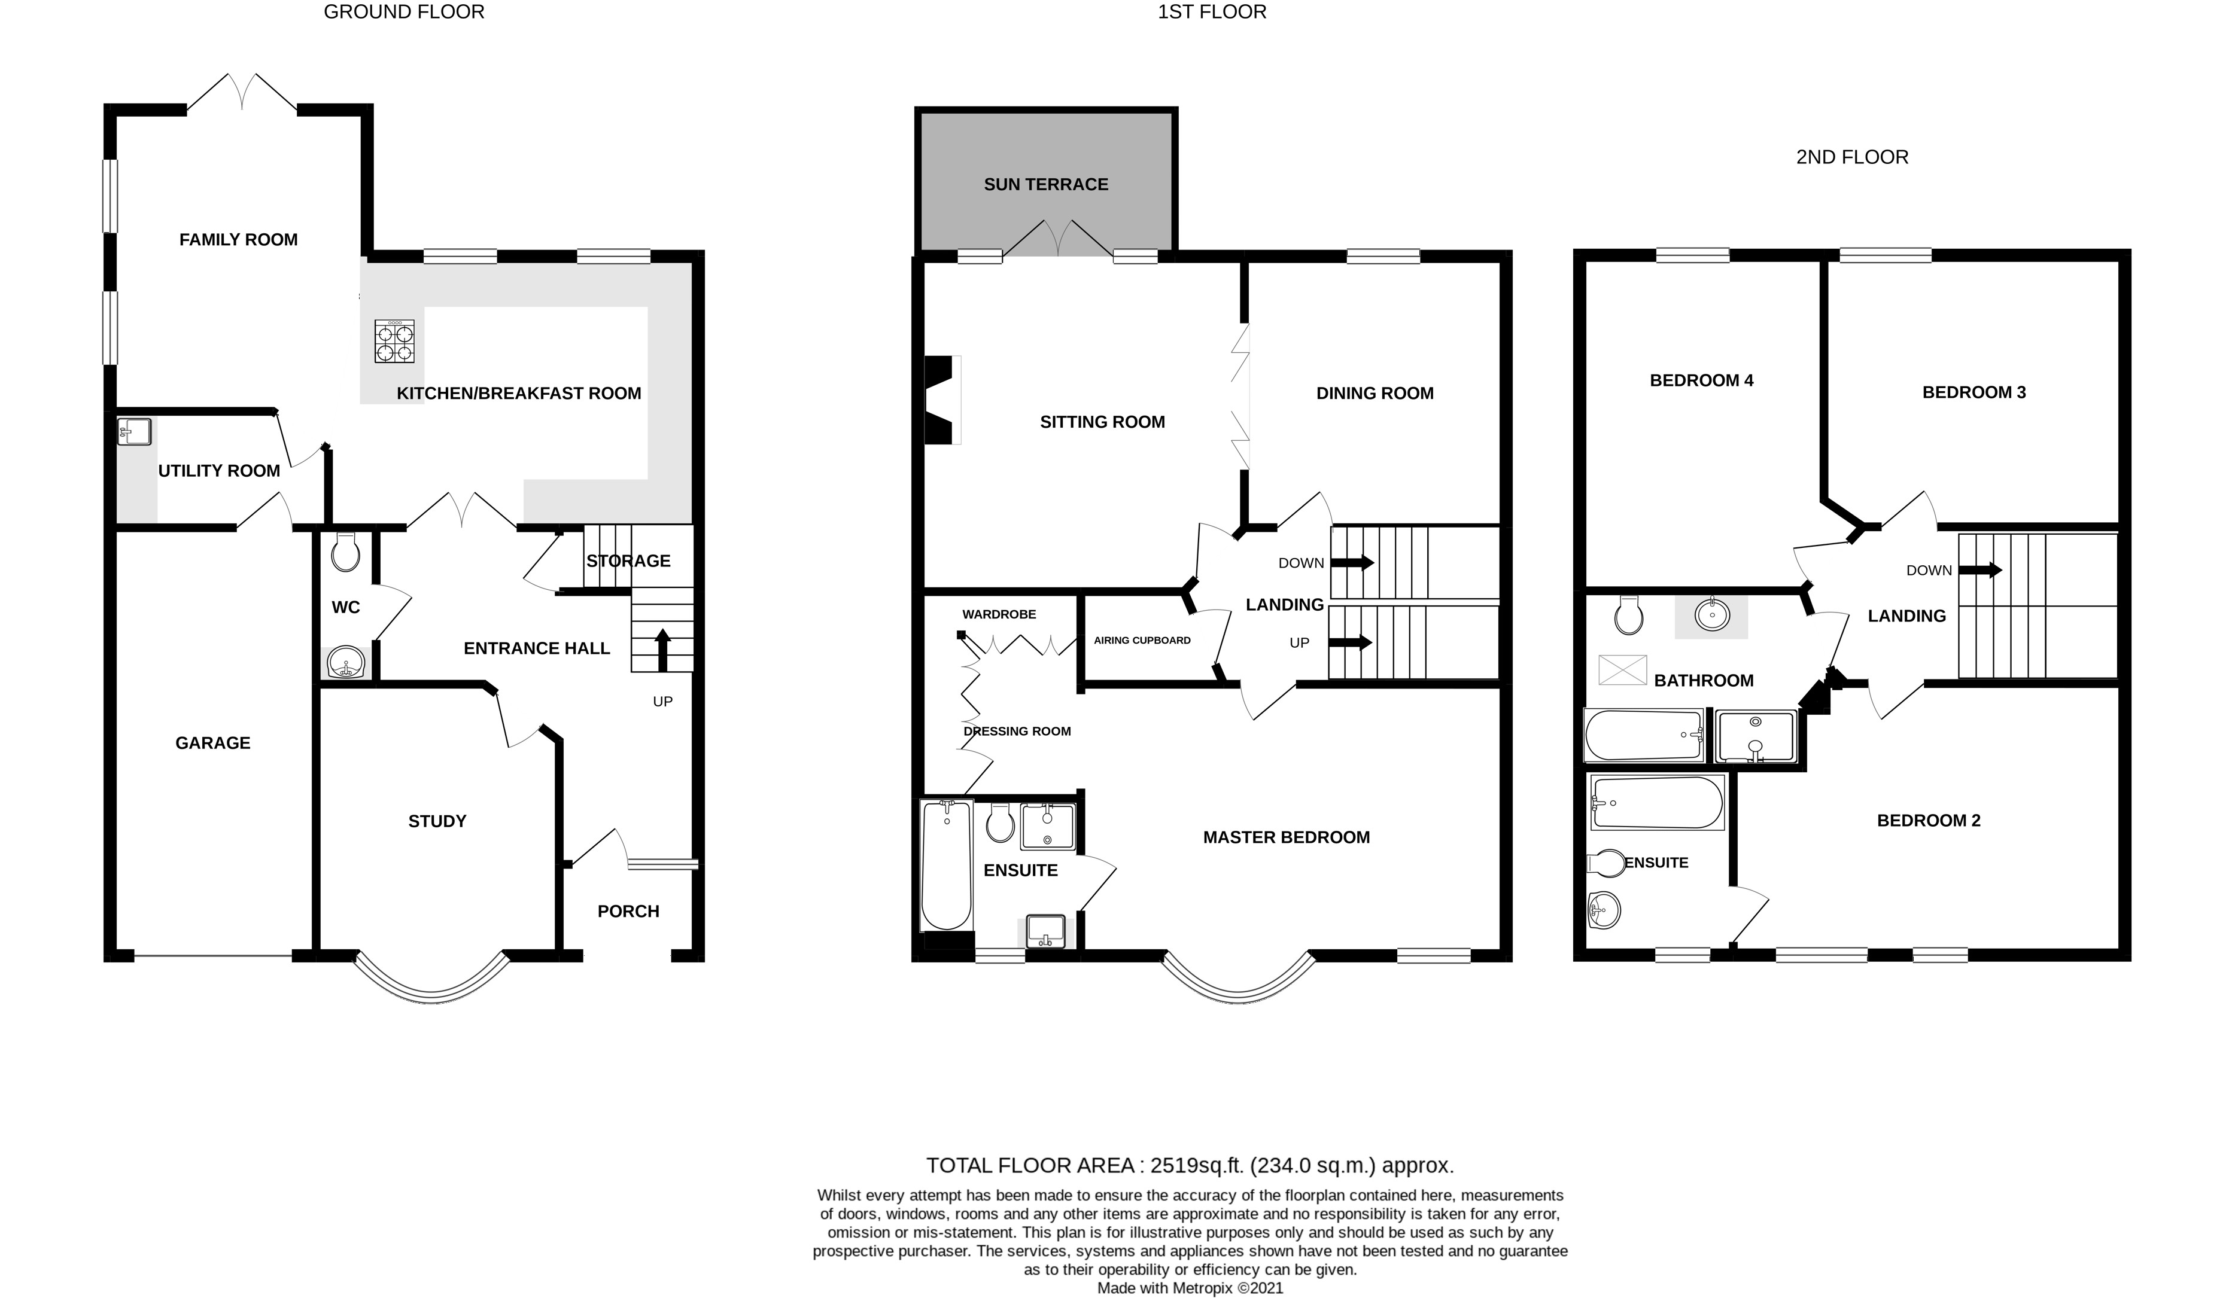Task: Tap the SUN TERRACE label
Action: [x=1045, y=184]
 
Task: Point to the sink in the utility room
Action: [x=135, y=432]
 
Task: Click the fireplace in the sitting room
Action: [x=942, y=400]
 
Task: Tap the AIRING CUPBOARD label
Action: [x=1142, y=640]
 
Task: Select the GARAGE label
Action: [x=213, y=743]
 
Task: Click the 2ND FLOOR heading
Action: [x=1852, y=157]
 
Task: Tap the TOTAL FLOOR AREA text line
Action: [x=1190, y=1165]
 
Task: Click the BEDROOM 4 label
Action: [x=1701, y=380]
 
